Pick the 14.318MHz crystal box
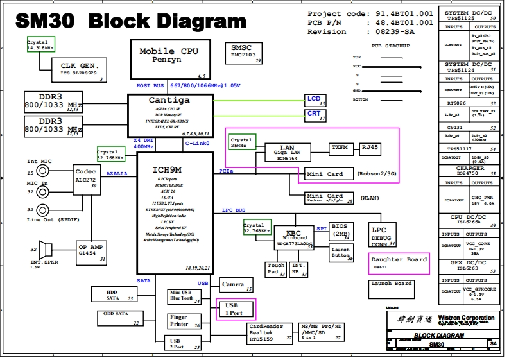(40, 45)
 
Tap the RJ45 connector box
(370, 148)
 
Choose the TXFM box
(340, 148)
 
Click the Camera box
(232, 284)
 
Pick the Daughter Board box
(399, 262)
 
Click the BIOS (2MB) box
(341, 230)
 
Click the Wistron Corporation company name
(466, 318)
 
